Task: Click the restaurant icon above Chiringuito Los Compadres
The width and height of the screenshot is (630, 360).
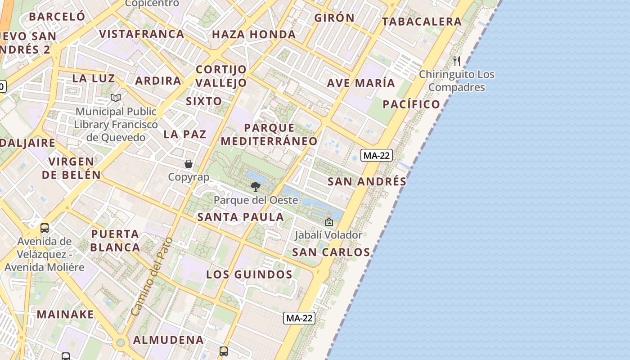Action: (x=457, y=61)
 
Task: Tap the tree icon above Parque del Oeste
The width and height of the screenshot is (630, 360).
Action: (x=256, y=186)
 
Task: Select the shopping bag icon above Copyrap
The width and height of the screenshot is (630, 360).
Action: (x=189, y=164)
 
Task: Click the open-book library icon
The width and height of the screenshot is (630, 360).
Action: (x=116, y=98)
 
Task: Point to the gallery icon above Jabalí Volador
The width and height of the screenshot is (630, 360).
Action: (x=329, y=222)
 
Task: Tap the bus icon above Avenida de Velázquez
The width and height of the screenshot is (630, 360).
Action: (x=45, y=228)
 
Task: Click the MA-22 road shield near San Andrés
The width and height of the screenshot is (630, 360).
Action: (x=377, y=156)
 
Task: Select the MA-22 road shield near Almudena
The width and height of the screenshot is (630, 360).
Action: (x=300, y=318)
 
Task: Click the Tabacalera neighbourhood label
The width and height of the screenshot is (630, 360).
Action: (x=422, y=22)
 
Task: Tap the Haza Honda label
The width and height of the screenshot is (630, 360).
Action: (x=254, y=35)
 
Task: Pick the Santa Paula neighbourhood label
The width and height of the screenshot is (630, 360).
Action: (x=241, y=217)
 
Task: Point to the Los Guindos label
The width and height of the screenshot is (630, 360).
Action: (x=249, y=274)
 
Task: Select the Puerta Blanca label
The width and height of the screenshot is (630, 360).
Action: (x=115, y=240)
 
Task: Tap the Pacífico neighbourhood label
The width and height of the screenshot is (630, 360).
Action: (x=411, y=104)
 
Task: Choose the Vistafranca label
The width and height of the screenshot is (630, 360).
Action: (x=142, y=34)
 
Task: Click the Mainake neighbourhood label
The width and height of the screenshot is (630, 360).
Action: (x=66, y=314)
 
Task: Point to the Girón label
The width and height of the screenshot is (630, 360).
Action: (x=334, y=18)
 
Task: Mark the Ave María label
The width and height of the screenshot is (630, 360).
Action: (x=361, y=83)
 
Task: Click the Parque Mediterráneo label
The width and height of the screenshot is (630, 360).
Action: (x=269, y=134)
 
